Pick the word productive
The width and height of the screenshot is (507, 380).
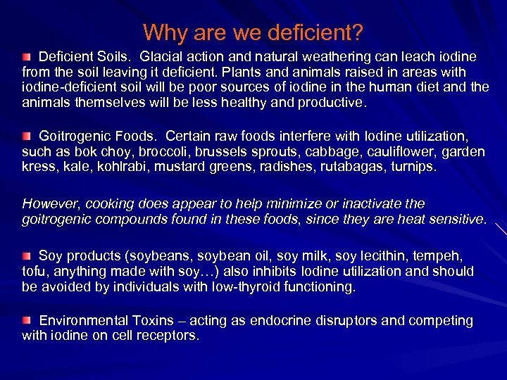(x=329, y=103)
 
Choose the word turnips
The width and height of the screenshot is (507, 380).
(x=412, y=167)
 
